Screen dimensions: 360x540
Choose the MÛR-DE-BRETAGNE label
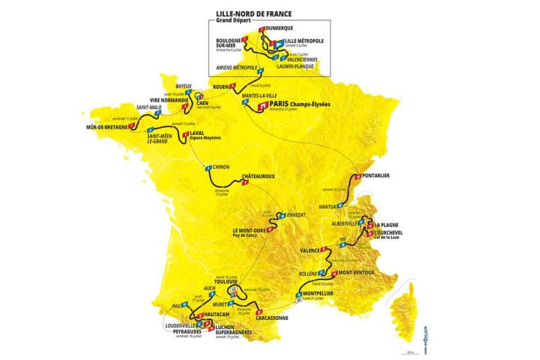click(107, 127)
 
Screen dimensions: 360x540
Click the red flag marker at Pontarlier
click(358, 176)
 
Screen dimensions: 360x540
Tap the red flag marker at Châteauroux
click(244, 184)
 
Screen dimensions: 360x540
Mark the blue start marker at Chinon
click(207, 167)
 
